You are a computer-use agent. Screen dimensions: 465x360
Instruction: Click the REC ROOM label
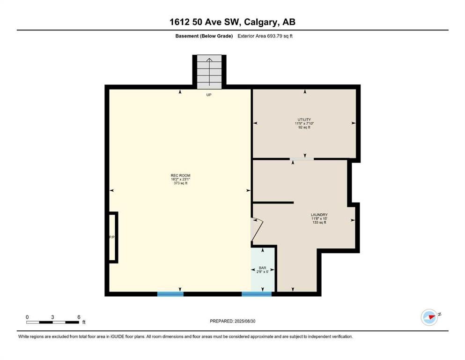[x=180, y=175]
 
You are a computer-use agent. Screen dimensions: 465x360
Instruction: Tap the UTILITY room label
[x=304, y=120]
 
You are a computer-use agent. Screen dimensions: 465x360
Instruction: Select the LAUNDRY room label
[x=319, y=215]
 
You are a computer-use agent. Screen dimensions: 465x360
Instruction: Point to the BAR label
[x=262, y=268]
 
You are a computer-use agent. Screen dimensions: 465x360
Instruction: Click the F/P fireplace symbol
[x=113, y=237]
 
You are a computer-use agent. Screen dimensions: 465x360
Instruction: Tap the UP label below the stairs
[x=209, y=95]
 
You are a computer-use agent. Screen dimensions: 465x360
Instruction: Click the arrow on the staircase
[x=209, y=71]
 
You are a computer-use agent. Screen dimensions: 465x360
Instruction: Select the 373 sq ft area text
[x=180, y=183]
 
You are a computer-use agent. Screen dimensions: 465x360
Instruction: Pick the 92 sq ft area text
[x=304, y=127]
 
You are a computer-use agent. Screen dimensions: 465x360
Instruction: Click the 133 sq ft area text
[x=319, y=222]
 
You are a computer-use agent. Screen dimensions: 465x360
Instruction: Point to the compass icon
[x=429, y=317]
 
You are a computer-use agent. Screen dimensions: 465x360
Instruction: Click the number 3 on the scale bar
[x=52, y=317]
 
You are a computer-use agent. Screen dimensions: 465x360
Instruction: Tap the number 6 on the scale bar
[x=79, y=317]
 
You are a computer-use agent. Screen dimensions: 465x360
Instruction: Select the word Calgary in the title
[x=261, y=22]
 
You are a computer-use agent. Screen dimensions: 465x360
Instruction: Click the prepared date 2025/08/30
[x=244, y=321]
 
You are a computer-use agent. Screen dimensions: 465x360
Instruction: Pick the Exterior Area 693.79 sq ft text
[x=265, y=36]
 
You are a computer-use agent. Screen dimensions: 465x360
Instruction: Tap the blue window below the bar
[x=257, y=294]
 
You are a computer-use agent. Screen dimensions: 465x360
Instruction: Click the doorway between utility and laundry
[x=302, y=159]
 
